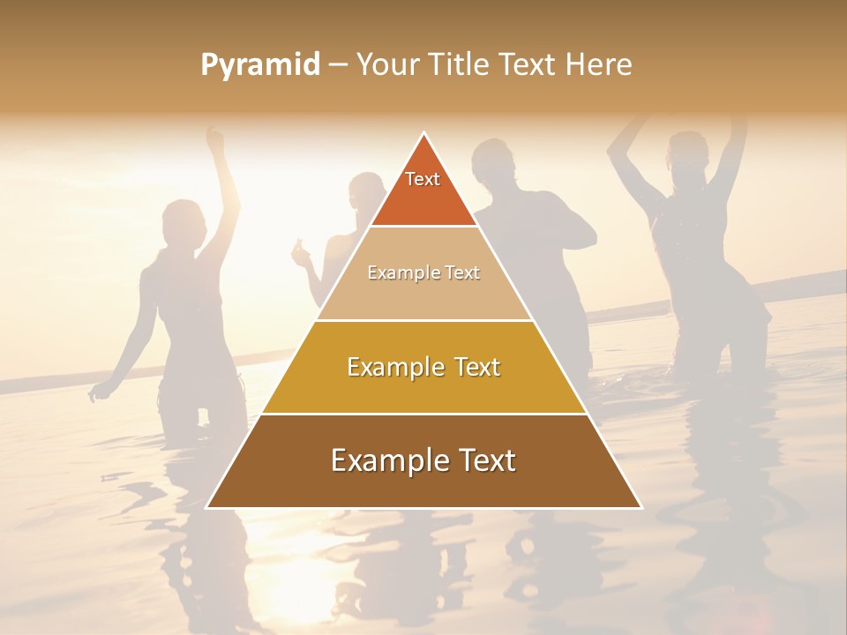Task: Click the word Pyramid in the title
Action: click(x=260, y=65)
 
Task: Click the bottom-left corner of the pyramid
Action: click(x=208, y=507)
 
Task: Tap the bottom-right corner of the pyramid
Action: click(x=640, y=507)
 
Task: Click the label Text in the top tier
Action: click(x=423, y=179)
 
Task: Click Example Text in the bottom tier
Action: click(x=423, y=460)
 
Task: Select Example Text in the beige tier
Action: click(x=423, y=273)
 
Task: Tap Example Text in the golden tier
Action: click(x=423, y=367)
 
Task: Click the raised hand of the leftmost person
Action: click(x=214, y=137)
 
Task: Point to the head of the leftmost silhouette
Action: click(x=184, y=220)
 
